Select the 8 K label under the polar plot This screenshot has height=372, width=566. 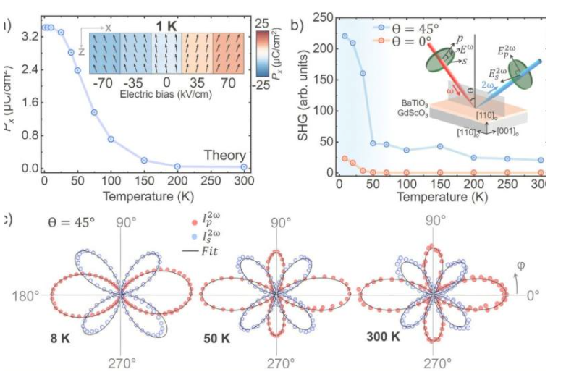(61, 339)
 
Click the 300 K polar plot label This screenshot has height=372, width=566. (384, 339)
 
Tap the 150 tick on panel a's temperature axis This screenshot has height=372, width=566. (144, 180)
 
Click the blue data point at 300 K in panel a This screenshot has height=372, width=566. (244, 166)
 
